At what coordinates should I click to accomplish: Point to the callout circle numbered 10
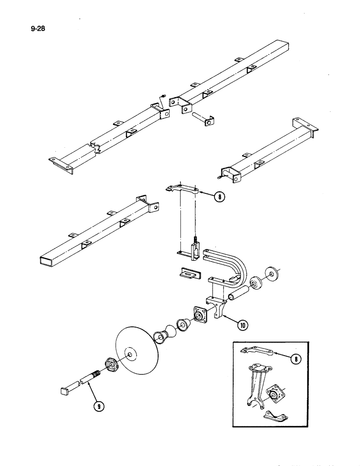click(242, 326)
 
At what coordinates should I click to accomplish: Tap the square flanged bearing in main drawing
click(201, 317)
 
